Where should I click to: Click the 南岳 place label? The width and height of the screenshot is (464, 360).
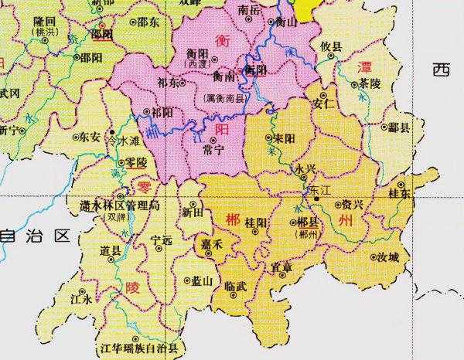coord(249,9)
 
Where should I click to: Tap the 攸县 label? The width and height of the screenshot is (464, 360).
coord(332,46)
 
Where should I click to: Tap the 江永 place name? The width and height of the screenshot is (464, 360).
coord(81,297)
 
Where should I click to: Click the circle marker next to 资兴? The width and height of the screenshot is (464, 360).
coord(337,205)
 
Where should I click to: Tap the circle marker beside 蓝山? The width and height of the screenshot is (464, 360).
coord(188,281)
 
